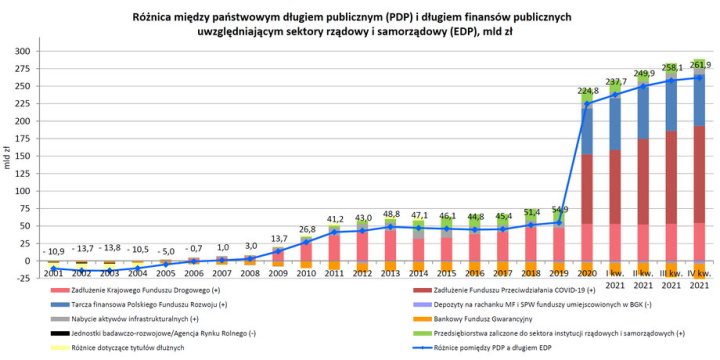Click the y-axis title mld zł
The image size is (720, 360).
8,156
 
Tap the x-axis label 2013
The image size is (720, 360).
391,272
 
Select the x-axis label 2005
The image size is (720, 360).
167,272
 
